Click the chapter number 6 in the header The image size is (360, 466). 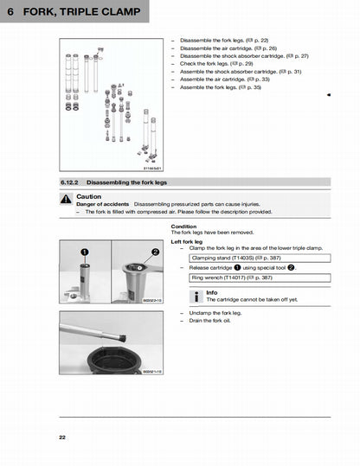[10, 11]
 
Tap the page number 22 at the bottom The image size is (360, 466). [62, 437]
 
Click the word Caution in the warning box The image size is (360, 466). [89, 196]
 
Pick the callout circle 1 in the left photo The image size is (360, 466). [85, 251]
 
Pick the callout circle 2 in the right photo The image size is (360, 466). [156, 251]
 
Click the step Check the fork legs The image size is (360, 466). [212, 64]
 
